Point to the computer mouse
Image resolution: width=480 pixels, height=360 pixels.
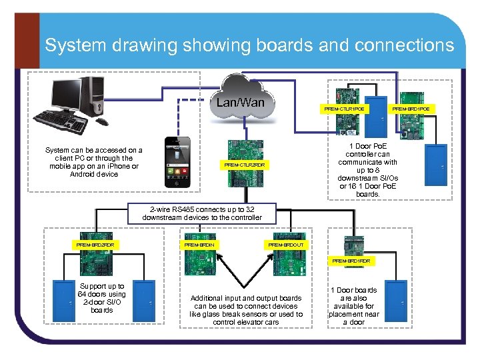tap(102, 121)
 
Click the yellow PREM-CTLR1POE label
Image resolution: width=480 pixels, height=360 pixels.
tap(344, 109)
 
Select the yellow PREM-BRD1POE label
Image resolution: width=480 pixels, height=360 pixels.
tap(411, 109)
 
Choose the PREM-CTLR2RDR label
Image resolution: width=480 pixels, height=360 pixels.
tap(244, 165)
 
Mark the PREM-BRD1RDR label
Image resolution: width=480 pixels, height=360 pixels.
tap(351, 261)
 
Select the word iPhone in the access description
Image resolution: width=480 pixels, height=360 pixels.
tap(113, 167)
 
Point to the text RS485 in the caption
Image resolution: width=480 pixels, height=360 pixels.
tap(184, 209)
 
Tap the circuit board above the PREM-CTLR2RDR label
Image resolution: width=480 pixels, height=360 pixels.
tap(244, 149)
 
